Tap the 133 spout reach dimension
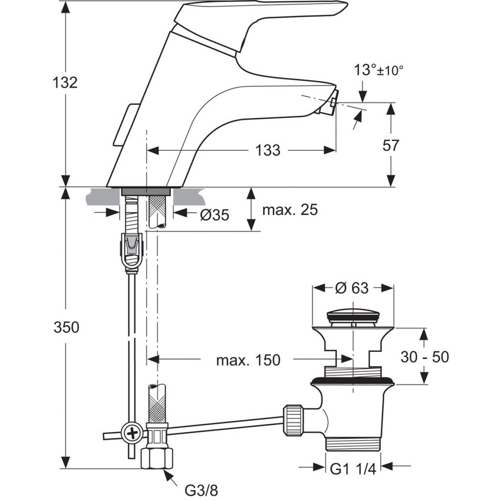pos(268,151)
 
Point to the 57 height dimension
pos(390,145)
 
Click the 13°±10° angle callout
pos(379,70)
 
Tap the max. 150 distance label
pos(248,360)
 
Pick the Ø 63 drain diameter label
pos(353,288)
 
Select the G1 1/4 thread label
pos(352,469)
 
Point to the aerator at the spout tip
pos(332,106)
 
